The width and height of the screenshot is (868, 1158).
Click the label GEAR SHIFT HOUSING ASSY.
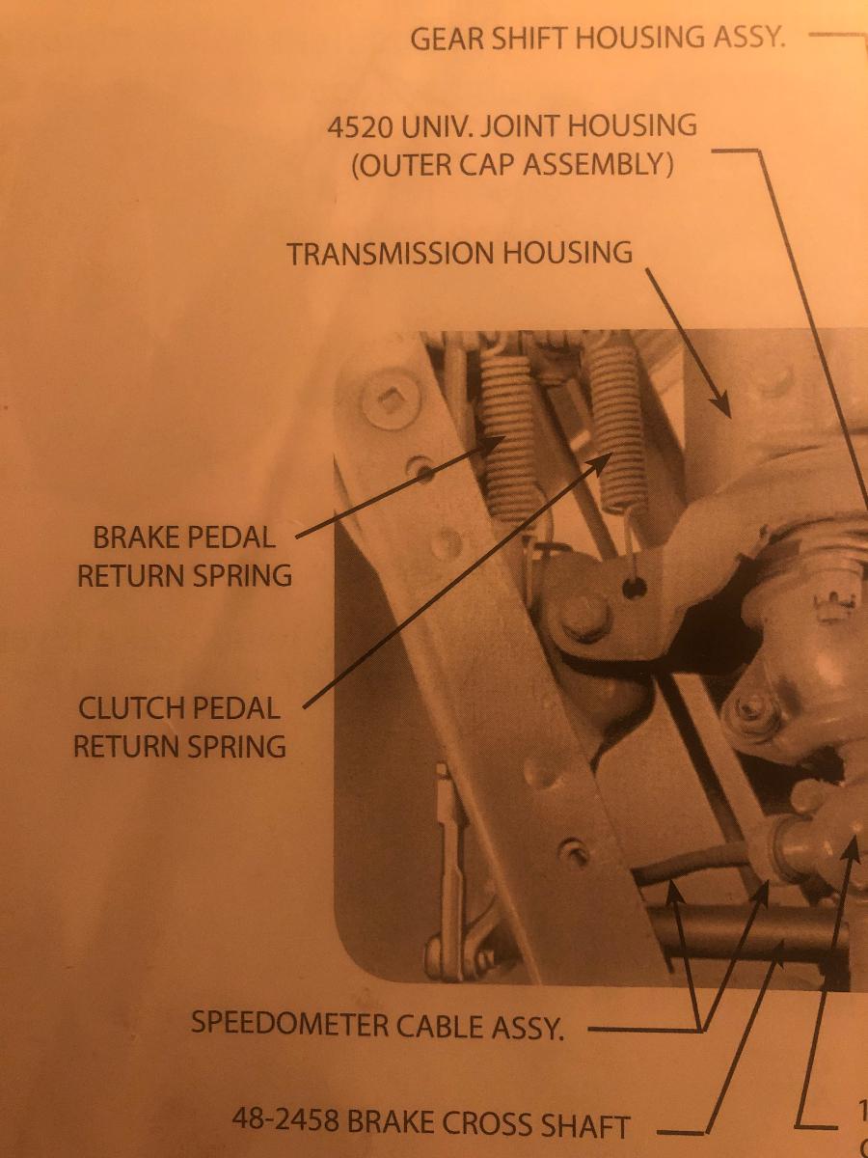tap(597, 38)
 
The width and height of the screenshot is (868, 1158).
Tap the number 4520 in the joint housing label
tap(360, 126)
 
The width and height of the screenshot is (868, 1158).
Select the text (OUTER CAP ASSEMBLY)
tap(512, 165)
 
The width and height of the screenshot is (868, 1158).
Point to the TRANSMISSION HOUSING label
tap(460, 253)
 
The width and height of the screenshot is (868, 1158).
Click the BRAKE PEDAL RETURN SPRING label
tap(184, 557)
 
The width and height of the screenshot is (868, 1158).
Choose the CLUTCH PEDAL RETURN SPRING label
tap(179, 727)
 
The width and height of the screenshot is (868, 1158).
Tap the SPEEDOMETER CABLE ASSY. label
tap(377, 1025)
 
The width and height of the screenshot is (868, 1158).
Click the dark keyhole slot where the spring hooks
tap(634, 587)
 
